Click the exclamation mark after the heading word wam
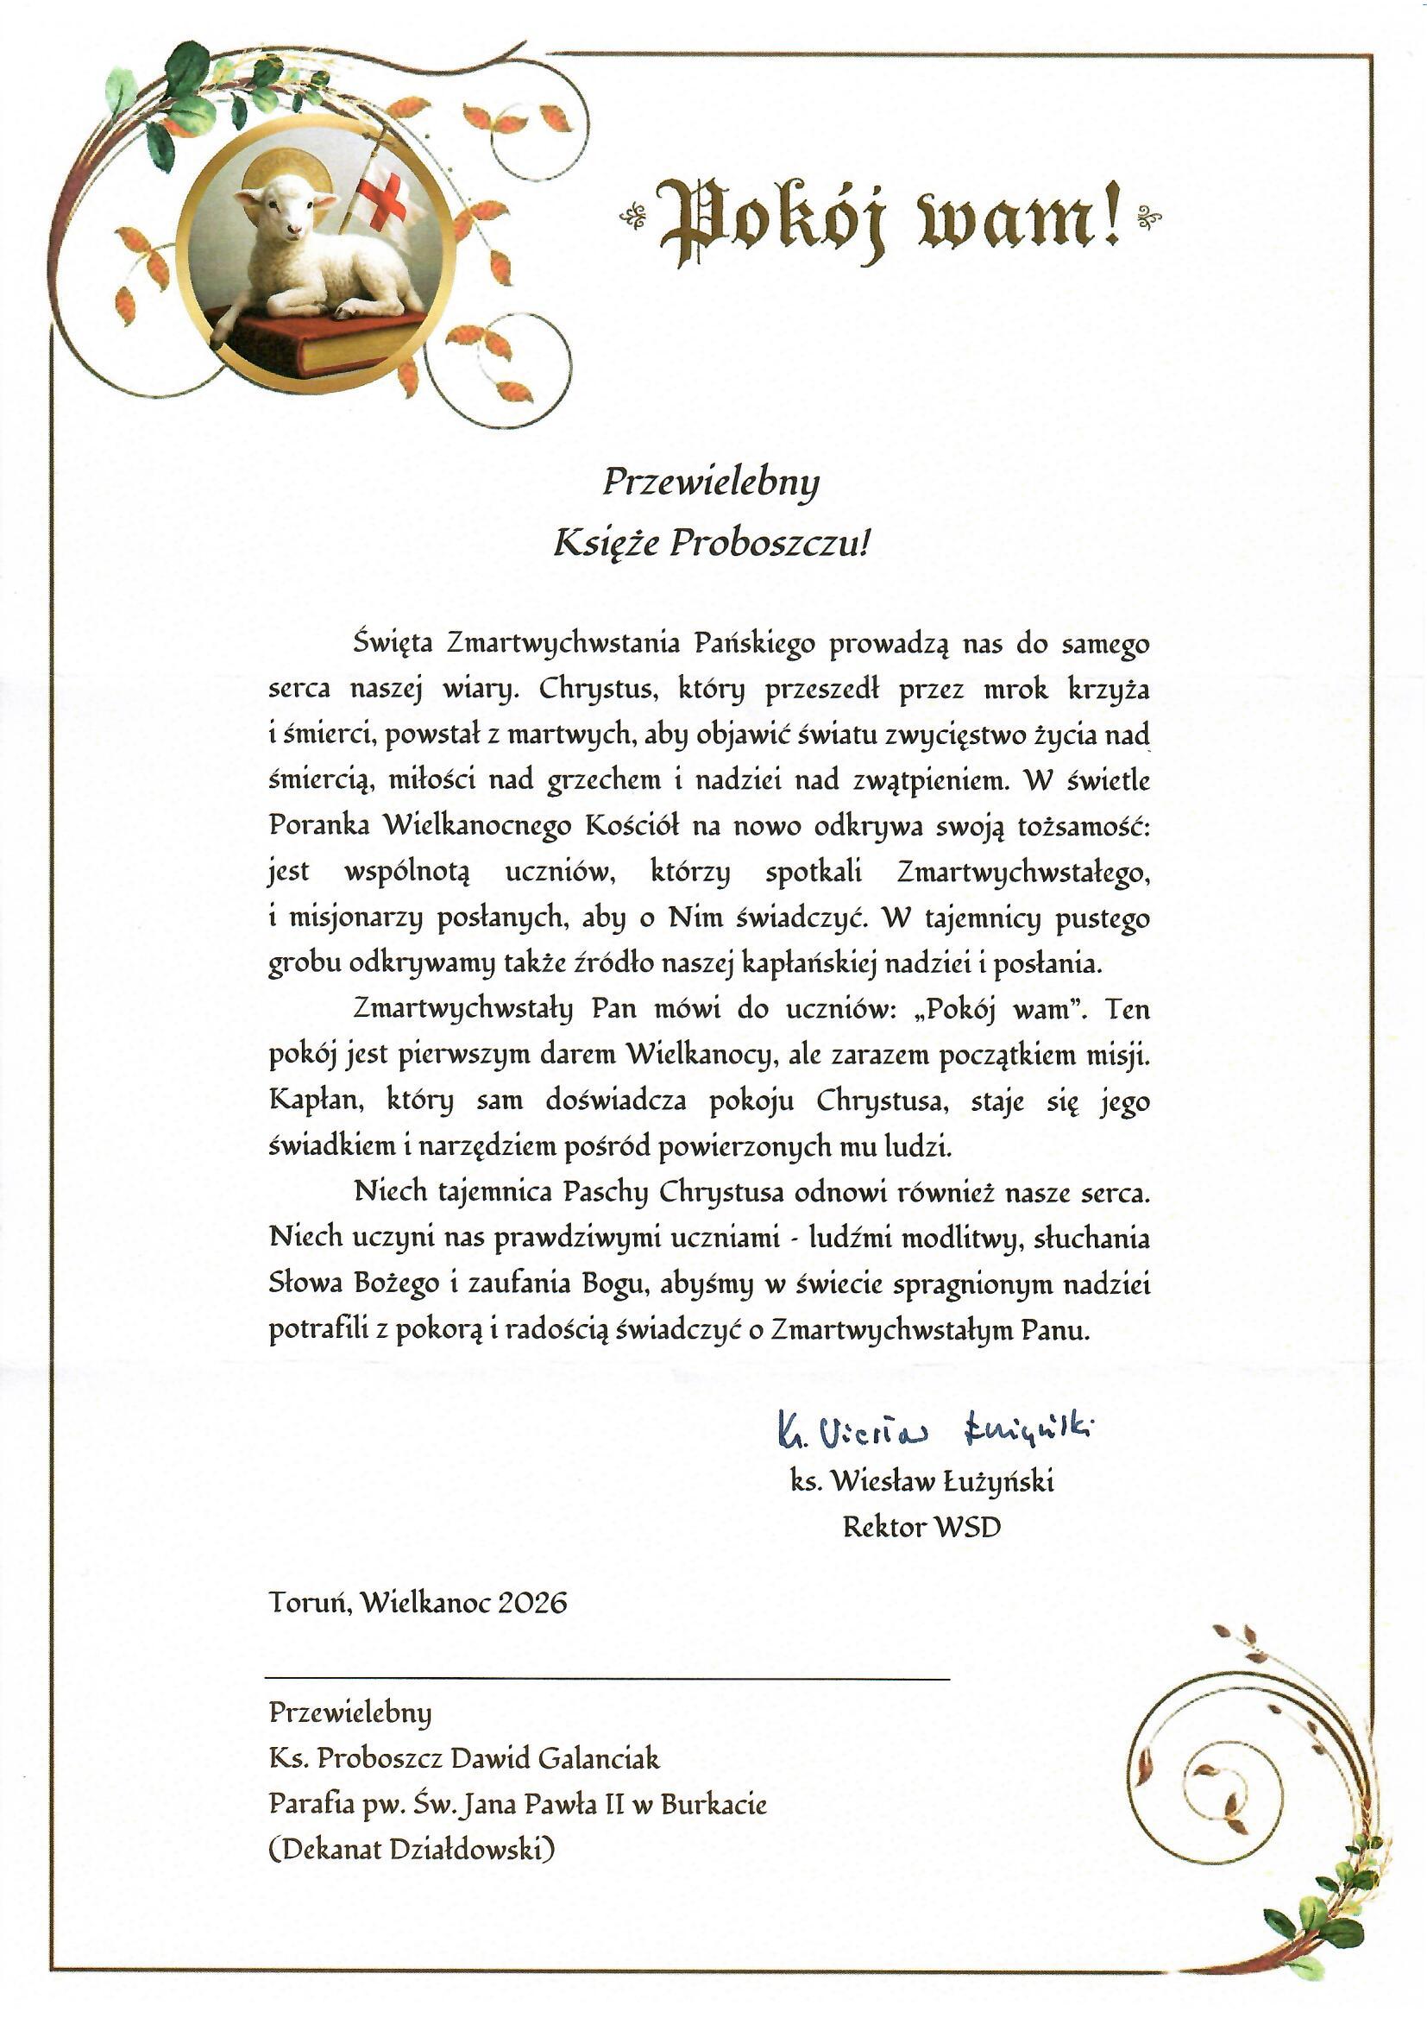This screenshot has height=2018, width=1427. click(x=1111, y=212)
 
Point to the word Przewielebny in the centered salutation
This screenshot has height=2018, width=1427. click(x=710, y=482)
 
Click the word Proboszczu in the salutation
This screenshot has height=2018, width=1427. click(x=770, y=543)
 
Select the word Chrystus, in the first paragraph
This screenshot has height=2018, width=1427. click(x=599, y=688)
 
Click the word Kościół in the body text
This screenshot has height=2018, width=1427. click(x=632, y=825)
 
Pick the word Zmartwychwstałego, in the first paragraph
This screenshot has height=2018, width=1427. click(x=1024, y=872)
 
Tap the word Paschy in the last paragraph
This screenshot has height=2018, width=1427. click(x=606, y=1192)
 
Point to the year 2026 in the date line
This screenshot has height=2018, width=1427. click(x=531, y=1602)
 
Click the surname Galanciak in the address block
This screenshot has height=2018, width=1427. click(x=599, y=1758)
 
